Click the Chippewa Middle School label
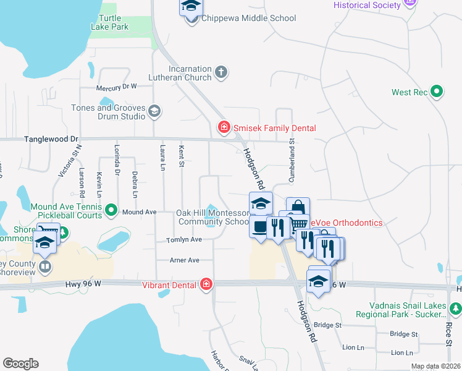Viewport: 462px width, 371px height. (248, 19)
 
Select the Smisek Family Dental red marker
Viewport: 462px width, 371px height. (223, 128)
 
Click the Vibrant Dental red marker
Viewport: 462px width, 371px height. (206, 284)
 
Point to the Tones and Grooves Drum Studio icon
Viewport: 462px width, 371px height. (154, 112)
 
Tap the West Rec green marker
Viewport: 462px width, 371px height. (437, 92)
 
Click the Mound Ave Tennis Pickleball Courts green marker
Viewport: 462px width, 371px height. (111, 211)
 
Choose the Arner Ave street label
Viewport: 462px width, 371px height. (185, 260)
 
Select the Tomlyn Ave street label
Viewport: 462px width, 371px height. (184, 239)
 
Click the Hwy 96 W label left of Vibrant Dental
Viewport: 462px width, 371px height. (83, 284)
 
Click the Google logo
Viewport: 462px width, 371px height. (20, 364)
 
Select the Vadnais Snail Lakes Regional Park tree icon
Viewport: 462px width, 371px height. (455, 307)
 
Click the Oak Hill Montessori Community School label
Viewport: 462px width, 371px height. (213, 217)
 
